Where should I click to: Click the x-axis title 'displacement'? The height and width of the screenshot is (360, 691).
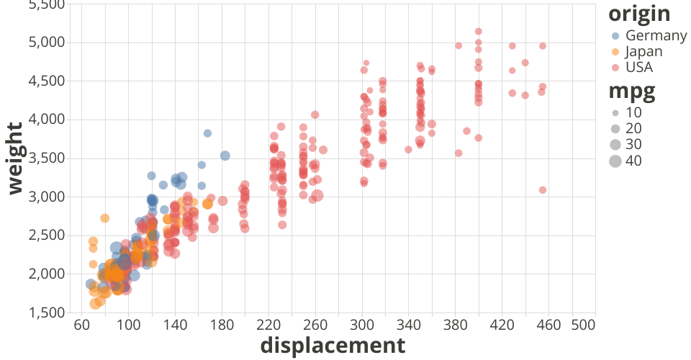(333, 346)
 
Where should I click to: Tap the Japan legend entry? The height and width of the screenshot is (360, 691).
(643, 51)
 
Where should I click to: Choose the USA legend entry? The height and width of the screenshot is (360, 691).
(638, 68)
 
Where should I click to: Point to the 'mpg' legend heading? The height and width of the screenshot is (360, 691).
(631, 91)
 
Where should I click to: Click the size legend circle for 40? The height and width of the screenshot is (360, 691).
(615, 161)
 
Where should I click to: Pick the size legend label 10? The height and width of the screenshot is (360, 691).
(633, 113)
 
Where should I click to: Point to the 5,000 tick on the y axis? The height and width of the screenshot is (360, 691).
(45, 42)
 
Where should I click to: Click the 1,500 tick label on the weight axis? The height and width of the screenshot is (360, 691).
(45, 313)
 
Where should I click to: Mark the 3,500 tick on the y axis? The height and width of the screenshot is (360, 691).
(45, 158)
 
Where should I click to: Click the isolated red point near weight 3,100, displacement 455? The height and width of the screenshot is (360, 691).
(543, 190)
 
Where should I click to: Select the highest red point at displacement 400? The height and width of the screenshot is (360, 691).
(479, 32)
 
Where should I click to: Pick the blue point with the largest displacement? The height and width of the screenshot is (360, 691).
(225, 156)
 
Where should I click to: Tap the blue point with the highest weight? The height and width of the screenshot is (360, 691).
(207, 133)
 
